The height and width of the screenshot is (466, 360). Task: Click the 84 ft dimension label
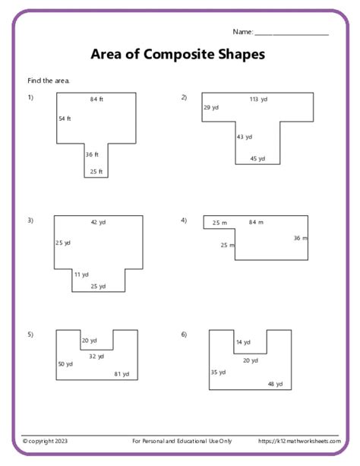pos(96,100)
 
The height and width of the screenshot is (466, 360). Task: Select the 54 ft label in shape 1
pos(65,119)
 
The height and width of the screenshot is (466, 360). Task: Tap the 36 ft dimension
pos(92,154)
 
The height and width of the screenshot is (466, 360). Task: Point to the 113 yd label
pos(258,99)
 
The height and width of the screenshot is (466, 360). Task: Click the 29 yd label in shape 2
pos(210,108)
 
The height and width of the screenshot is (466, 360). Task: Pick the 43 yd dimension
pos(245,137)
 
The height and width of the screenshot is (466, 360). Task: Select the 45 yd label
pos(257,159)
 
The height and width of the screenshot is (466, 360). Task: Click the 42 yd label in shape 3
pos(98,222)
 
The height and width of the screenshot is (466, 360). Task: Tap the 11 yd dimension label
pos(81,274)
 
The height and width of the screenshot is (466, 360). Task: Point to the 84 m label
pos(256,222)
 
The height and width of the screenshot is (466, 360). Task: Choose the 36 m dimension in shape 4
pos(301,238)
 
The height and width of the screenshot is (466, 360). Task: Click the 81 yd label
pos(122,374)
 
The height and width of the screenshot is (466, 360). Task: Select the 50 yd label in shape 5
pos(65,363)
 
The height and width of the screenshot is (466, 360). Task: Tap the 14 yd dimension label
pos(242,342)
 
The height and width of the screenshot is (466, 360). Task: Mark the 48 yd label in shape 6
pos(275,384)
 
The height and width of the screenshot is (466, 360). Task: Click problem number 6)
pos(184,334)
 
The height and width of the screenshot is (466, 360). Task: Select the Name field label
pos(242,32)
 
